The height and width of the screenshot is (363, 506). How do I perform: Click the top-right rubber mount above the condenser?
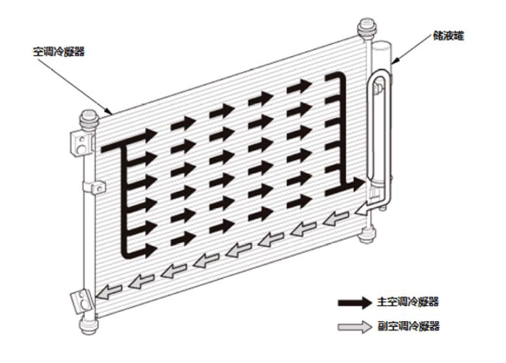coord(365,28)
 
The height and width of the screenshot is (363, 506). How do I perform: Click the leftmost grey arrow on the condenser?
coord(108,292)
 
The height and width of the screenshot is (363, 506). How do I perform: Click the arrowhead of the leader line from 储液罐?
coord(392,62)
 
